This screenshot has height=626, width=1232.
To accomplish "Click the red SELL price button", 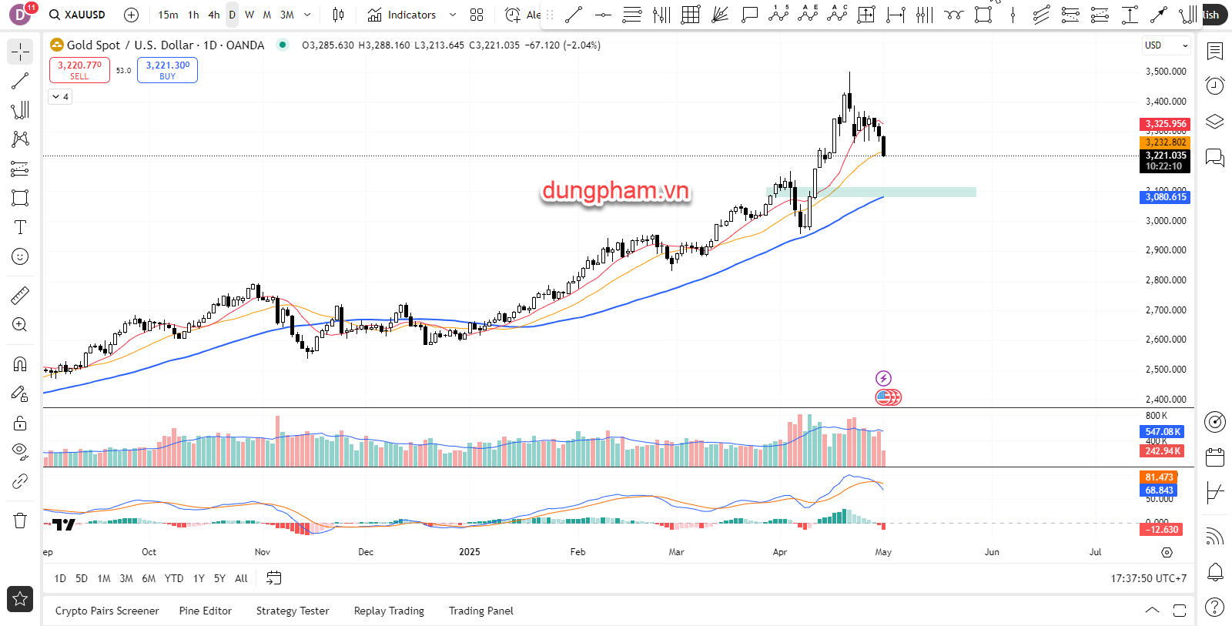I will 79,70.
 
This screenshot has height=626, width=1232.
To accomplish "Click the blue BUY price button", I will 167,70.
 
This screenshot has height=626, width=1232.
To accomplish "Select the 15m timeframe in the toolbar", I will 168,15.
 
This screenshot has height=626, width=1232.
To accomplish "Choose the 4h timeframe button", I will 214,15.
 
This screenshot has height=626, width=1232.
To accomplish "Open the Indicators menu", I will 403,15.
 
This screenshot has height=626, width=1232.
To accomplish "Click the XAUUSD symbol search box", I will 77,15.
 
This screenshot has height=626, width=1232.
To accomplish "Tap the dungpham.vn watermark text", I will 616,190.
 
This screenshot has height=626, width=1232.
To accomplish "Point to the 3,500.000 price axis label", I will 1166,72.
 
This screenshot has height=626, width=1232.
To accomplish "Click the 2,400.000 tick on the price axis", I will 1166,400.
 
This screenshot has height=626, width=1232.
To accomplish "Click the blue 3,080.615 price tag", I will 1165,197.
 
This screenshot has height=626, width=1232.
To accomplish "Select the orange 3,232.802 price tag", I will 1165,142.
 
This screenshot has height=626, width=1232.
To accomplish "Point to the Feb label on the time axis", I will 577,552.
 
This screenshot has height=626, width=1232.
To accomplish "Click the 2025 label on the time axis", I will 469,552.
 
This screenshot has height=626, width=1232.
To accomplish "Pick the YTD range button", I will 174,578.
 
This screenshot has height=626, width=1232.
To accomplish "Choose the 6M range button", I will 149,578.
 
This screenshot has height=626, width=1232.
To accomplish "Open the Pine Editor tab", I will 205,611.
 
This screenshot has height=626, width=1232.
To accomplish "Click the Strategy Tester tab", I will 293,611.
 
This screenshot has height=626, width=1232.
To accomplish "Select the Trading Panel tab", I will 480,611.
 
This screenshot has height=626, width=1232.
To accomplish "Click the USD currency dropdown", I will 1166,45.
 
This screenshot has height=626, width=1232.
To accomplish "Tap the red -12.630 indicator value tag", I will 1162,530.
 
